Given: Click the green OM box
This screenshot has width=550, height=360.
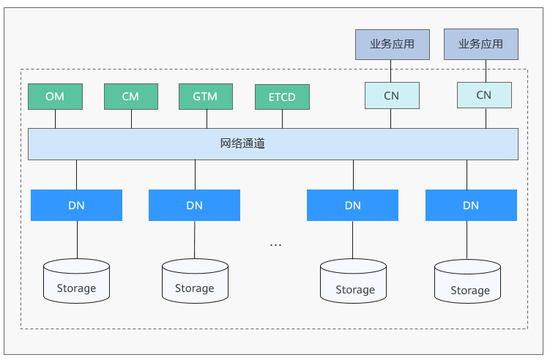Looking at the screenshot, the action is [x=55, y=97].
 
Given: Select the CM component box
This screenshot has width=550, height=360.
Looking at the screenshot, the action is [x=131, y=97].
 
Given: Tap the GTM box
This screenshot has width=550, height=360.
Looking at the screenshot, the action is [x=206, y=97].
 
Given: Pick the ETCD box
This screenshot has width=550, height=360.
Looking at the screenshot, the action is [x=282, y=97].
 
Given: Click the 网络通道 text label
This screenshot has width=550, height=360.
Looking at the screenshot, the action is [x=242, y=143].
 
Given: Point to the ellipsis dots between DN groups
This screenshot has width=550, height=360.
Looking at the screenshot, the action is [x=275, y=244].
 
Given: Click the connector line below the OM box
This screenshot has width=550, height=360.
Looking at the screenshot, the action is [x=55, y=119].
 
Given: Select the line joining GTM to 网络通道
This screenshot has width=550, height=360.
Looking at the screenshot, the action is [x=207, y=119].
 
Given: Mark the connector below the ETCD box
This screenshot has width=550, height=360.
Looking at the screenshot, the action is [x=282, y=119].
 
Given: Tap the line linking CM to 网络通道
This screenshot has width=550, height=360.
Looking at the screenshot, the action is [x=131, y=119].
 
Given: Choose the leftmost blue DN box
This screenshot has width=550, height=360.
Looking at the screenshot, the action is [x=76, y=205].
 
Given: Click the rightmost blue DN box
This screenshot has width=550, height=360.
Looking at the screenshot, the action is [x=471, y=205].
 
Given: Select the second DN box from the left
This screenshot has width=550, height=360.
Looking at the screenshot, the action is [x=194, y=205].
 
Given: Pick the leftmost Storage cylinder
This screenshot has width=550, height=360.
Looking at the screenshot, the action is [x=76, y=281].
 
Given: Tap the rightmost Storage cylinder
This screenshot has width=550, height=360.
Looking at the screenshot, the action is [x=467, y=282].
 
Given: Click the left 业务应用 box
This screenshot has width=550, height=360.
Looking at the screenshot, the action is [x=392, y=45].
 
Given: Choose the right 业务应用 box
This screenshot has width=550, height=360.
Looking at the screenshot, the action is [x=481, y=44].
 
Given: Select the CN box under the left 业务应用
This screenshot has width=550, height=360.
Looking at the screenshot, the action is [x=392, y=95].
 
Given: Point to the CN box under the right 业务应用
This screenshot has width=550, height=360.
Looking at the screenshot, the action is [x=484, y=95].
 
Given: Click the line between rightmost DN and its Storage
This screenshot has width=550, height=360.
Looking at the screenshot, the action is [x=467, y=240].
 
